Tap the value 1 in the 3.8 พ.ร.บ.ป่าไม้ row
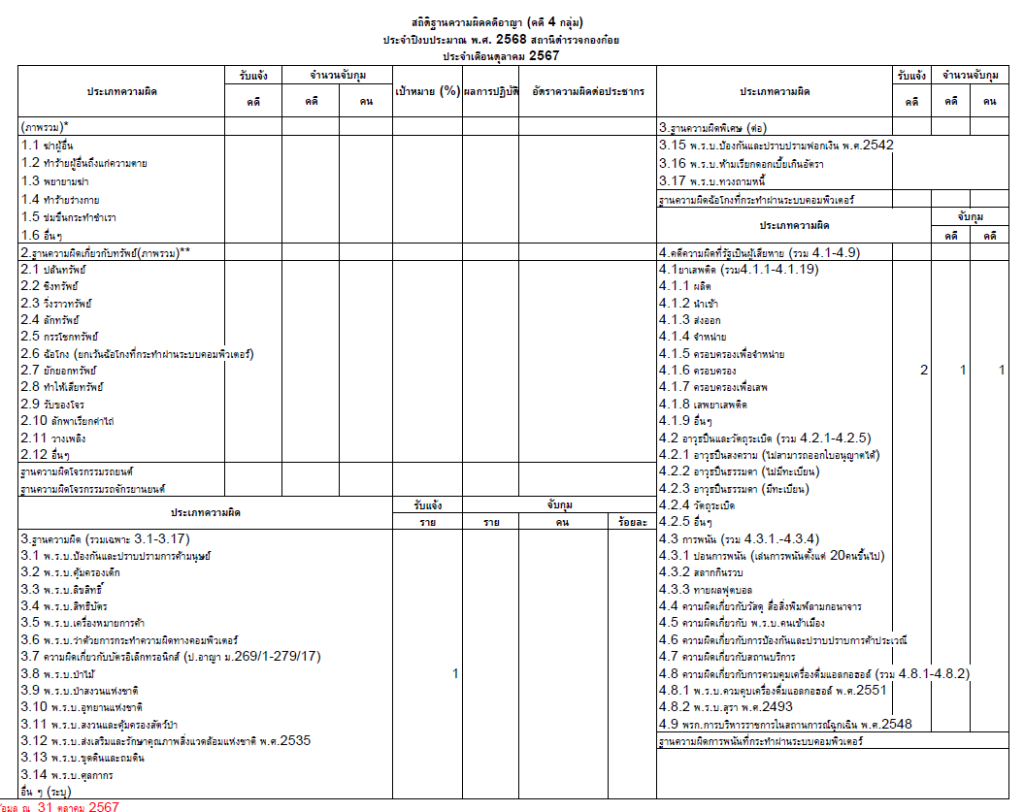point(455,674)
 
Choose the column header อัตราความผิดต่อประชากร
point(588,91)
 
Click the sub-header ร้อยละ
point(633,522)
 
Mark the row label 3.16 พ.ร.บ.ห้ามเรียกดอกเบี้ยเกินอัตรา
point(759,162)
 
